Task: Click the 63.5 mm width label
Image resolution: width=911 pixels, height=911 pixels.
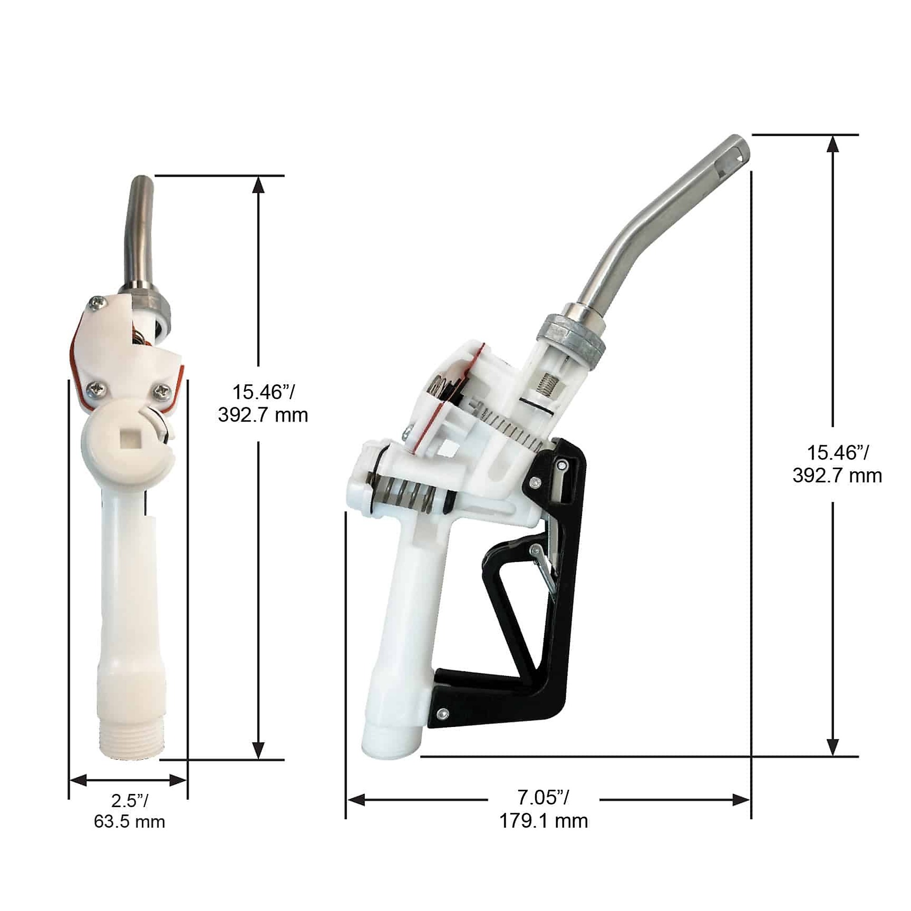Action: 129,821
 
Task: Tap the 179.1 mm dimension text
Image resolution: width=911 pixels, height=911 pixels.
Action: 543,821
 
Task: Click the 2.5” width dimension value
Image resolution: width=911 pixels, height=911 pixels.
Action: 130,800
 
